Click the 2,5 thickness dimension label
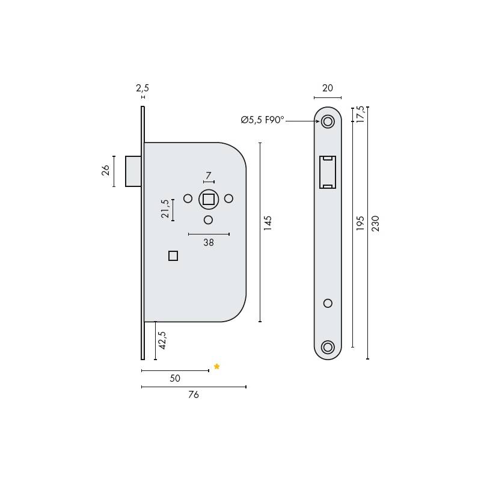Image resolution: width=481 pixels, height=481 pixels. coord(142,88)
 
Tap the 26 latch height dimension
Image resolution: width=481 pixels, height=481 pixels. coord(105,171)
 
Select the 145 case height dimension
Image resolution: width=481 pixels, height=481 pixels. coord(268,223)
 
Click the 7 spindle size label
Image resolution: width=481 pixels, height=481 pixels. coord(209,176)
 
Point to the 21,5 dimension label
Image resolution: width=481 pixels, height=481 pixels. coord(165,209)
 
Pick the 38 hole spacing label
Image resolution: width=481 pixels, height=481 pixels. coord(209,243)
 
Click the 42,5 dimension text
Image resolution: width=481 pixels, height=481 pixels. coord(162,340)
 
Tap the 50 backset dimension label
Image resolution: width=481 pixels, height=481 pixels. coord(175,379)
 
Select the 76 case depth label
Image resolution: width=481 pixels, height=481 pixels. coord(193,395)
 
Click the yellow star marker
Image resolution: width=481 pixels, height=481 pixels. coord(217,367)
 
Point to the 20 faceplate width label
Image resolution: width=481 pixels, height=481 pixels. coord(328,88)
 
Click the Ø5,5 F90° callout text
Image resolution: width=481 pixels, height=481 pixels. coord(262,120)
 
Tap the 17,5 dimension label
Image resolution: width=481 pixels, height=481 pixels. coord(360,113)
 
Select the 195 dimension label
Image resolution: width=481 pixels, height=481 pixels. coord(361,223)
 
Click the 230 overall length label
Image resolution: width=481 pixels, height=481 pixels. coord(376,223)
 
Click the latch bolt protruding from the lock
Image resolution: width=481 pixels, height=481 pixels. coord(133,171)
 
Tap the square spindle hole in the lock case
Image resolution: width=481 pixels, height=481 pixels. coord(209,199)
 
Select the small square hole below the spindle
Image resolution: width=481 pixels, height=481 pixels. coord(173,256)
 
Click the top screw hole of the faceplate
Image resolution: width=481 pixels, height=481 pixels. coord(328,121)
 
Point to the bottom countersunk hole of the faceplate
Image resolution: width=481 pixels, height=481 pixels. coord(328,347)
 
